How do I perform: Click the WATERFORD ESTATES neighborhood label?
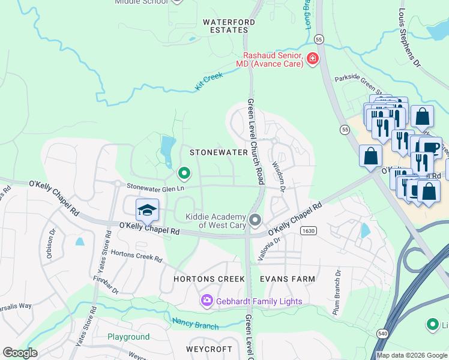tap(225, 26)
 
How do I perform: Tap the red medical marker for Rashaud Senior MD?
tap(312, 58)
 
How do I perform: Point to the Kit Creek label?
tap(209, 81)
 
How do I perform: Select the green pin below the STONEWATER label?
tap(184, 174)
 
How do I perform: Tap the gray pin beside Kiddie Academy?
tap(255, 220)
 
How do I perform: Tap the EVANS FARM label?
tap(287, 279)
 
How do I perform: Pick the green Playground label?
tap(128, 337)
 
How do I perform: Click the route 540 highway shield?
tap(382, 333)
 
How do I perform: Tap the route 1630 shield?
tap(309, 230)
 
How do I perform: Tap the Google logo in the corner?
tap(20, 353)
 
